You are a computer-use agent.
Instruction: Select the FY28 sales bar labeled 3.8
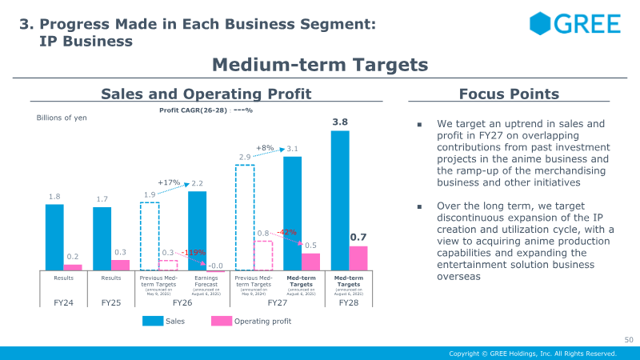(x=340, y=200)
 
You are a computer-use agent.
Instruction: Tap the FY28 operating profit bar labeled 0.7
(x=358, y=258)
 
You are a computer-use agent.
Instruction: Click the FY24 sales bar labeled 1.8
(x=54, y=237)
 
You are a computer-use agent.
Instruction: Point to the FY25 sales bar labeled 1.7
(x=102, y=238)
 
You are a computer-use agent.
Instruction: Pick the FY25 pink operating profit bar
(x=120, y=265)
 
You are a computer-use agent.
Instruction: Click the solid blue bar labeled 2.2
(x=197, y=230)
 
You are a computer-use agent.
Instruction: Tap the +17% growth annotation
(x=168, y=183)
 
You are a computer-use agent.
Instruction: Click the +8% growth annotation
(x=265, y=148)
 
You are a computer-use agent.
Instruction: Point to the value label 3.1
(x=292, y=149)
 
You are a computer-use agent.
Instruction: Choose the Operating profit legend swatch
(x=221, y=321)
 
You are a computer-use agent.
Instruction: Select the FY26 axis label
(x=182, y=303)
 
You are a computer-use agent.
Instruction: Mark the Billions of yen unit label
(x=62, y=118)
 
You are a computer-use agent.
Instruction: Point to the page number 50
(x=628, y=340)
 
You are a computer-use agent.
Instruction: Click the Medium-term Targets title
(x=320, y=64)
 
